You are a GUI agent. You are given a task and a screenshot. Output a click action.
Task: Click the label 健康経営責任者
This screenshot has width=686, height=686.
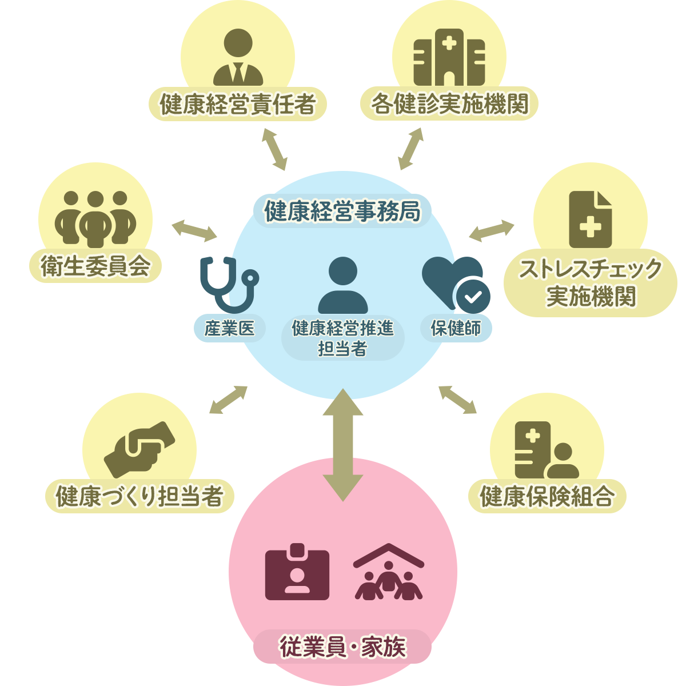[x=237, y=104]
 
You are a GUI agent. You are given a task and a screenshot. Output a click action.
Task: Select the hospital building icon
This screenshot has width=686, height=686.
[x=449, y=58]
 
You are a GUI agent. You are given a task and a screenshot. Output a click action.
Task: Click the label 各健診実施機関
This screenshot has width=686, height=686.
[x=449, y=104]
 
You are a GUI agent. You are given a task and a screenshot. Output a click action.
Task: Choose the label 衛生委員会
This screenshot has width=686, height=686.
[x=95, y=266]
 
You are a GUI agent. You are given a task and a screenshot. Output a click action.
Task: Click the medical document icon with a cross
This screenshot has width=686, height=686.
[x=591, y=220]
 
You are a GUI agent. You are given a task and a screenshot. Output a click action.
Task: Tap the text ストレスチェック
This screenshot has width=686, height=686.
[x=591, y=269]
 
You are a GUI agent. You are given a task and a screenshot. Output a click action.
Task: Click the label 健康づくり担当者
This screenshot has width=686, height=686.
[x=139, y=496]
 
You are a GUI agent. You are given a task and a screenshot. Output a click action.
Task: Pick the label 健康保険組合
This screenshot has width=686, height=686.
[x=547, y=496]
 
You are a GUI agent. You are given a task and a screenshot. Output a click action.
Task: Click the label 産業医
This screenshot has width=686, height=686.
[x=229, y=328]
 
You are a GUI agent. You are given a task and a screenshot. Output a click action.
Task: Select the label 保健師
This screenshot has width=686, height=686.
[x=456, y=328]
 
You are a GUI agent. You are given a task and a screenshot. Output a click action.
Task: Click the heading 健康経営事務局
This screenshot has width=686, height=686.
[x=342, y=211]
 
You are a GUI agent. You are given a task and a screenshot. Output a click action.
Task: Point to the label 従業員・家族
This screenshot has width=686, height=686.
[x=342, y=647]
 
